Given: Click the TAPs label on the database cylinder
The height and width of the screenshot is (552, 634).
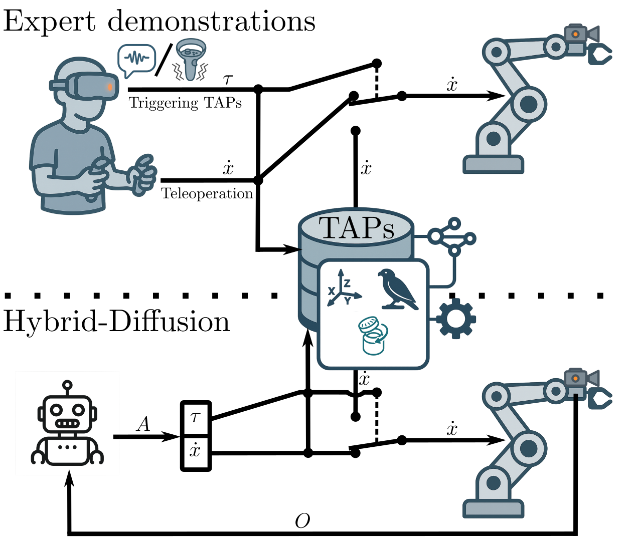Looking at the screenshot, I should click(x=356, y=228).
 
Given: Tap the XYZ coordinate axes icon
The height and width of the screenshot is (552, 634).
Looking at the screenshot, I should click(x=343, y=289).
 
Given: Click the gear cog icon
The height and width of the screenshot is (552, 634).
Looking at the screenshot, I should click(x=455, y=318).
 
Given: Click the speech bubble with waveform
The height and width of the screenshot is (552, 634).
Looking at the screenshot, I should click(x=136, y=59).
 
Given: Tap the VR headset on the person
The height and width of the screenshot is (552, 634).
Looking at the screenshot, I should click(x=90, y=85).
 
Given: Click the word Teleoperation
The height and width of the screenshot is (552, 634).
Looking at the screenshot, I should click(x=207, y=193).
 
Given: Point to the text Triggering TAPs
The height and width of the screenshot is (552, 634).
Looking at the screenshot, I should click(x=185, y=103).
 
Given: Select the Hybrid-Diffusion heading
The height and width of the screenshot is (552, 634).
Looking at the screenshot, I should click(x=116, y=322).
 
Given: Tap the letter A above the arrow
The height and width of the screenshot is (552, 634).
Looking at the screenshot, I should click(x=143, y=425).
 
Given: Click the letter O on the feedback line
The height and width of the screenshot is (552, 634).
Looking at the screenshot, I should click(x=302, y=521).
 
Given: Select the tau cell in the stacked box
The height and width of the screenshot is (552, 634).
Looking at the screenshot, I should click(x=196, y=416).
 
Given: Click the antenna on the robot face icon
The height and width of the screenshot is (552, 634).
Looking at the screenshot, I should click(x=67, y=387).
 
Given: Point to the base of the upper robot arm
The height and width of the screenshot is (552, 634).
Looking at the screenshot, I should click(x=493, y=164).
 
